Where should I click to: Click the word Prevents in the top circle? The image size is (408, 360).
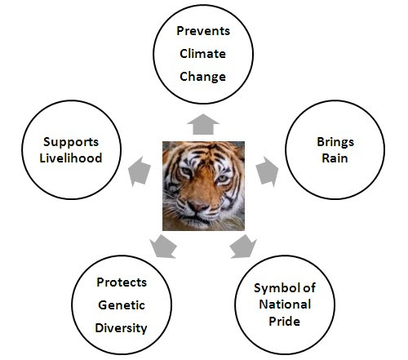pyautogui.click(x=203, y=31)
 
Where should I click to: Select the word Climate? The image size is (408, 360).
pyautogui.click(x=202, y=54)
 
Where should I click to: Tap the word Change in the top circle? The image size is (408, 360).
pyautogui.click(x=202, y=77)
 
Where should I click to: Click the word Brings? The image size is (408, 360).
pyautogui.click(x=335, y=143)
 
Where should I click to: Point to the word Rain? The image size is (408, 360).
pyautogui.click(x=335, y=158)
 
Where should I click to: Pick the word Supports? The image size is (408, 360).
pyautogui.click(x=71, y=142)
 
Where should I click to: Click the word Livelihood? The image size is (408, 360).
pyautogui.click(x=71, y=158)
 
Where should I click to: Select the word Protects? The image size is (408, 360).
pyautogui.click(x=122, y=282)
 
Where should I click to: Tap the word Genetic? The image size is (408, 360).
pyautogui.click(x=122, y=305)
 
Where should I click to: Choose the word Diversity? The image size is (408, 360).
pyautogui.click(x=121, y=328)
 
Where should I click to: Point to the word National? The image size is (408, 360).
pyautogui.click(x=285, y=304)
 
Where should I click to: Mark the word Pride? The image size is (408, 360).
pyautogui.click(x=284, y=322)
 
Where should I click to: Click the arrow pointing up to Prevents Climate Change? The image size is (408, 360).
pyautogui.click(x=203, y=125)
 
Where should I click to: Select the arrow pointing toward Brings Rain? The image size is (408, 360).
pyautogui.click(x=268, y=171)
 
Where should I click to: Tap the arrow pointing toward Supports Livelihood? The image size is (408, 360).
pyautogui.click(x=139, y=171)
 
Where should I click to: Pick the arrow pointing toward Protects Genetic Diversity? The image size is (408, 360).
pyautogui.click(x=163, y=247)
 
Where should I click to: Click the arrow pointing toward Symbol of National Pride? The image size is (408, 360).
pyautogui.click(x=243, y=247)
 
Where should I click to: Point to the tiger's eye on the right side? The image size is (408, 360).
pyautogui.click(x=223, y=179)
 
